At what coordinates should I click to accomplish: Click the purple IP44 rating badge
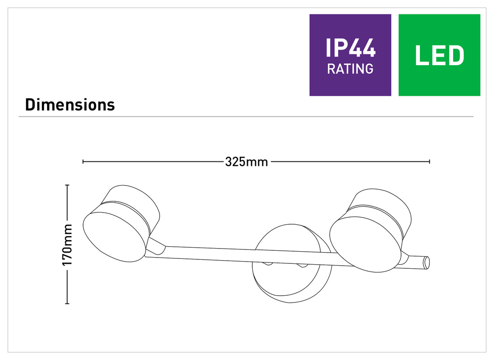pyautogui.click(x=350, y=55)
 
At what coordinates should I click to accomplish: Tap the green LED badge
pyautogui.click(x=439, y=55)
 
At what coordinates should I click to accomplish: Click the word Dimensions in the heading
pyautogui.click(x=70, y=105)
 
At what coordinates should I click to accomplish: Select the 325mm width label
pyautogui.click(x=247, y=162)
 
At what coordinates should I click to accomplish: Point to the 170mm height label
pyautogui.click(x=67, y=244)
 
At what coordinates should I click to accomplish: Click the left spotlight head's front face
pyautogui.click(x=115, y=237)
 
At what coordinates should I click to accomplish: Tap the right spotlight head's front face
pyautogui.click(x=365, y=244)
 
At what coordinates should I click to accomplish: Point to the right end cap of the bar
pyautogui.click(x=426, y=262)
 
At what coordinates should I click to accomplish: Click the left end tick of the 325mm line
pyautogui.click(x=83, y=161)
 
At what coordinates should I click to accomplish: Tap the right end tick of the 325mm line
pyautogui.click(x=429, y=161)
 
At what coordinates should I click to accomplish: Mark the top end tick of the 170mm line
pyautogui.click(x=67, y=185)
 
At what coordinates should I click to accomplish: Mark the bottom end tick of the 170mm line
pyautogui.click(x=67, y=303)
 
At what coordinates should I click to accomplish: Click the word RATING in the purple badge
pyautogui.click(x=350, y=69)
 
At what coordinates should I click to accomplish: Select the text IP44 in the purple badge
pyautogui.click(x=350, y=48)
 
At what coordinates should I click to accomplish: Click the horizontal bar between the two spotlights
pyautogui.click(x=239, y=254)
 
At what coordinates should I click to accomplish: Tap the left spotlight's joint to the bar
pyautogui.click(x=156, y=246)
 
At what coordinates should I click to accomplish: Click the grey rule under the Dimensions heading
pyautogui.click(x=246, y=117)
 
